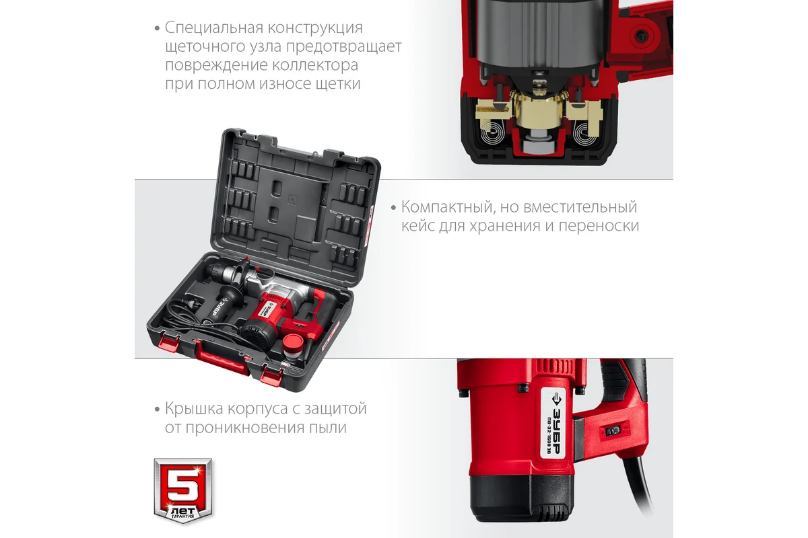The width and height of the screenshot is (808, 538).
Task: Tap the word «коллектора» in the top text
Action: (x=315, y=65)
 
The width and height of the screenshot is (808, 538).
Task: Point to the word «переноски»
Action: (x=599, y=227)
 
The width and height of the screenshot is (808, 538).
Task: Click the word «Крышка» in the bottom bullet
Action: (x=194, y=409)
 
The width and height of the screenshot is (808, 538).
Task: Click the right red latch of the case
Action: (x=271, y=376)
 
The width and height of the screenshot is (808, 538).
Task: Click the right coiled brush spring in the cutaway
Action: (x=585, y=134)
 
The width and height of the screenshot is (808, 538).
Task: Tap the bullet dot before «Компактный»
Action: (x=393, y=208)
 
